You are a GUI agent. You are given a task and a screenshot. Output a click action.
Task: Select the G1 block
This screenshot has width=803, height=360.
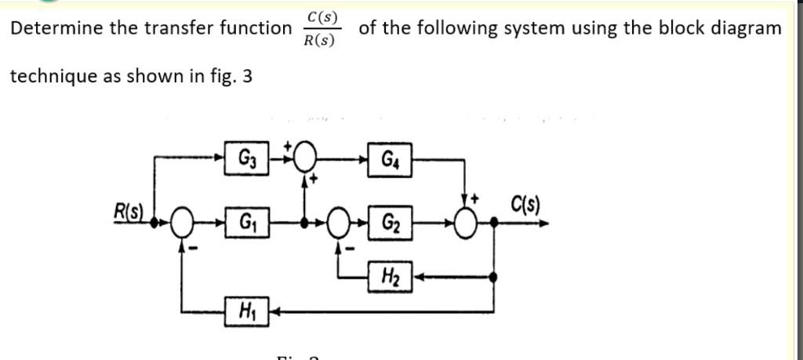(x=245, y=222)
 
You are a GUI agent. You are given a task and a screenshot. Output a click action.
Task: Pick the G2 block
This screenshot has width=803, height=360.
(x=391, y=222)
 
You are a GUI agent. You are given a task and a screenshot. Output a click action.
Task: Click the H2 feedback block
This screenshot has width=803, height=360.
(x=390, y=276)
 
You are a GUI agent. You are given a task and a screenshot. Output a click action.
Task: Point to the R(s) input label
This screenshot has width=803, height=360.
(x=129, y=211)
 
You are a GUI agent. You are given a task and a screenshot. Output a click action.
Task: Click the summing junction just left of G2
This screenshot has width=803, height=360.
(x=339, y=222)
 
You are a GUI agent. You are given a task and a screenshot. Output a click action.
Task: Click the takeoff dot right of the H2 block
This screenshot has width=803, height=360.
(x=492, y=276)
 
